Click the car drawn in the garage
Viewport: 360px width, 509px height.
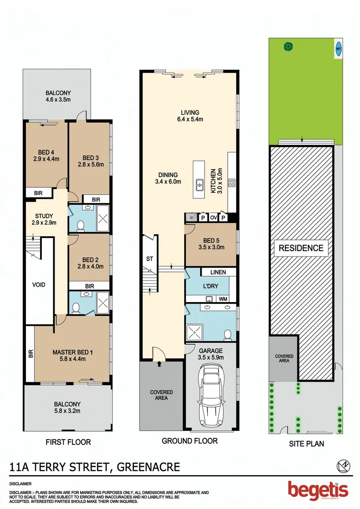(x=211, y=394)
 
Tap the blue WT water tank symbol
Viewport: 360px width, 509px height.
(x=338, y=48)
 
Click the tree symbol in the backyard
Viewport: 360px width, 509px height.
(x=287, y=46)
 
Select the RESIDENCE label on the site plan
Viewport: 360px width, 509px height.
(x=302, y=248)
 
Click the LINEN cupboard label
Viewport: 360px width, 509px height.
(x=218, y=272)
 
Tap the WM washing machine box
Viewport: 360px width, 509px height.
(x=223, y=299)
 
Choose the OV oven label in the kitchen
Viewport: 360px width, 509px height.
(x=213, y=217)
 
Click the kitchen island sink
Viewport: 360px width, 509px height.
(x=200, y=183)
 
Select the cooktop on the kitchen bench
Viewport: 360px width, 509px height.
(x=232, y=183)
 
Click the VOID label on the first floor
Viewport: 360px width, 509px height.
(x=39, y=285)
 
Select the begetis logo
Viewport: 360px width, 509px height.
(x=318, y=490)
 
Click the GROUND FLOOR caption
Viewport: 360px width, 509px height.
(x=189, y=441)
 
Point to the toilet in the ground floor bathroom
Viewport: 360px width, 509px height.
(x=228, y=335)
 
